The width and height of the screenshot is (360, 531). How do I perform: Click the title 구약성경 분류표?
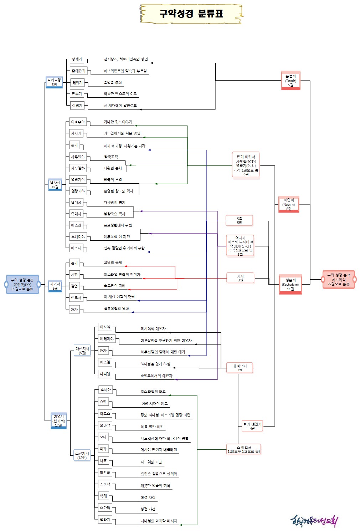coord(191,14)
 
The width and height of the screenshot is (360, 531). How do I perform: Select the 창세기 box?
coord(77,59)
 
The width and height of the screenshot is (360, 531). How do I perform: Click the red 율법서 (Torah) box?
coord(290,81)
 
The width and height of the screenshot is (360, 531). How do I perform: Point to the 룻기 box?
coord(74,145)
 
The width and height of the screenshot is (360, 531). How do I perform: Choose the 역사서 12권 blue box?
coord(55,185)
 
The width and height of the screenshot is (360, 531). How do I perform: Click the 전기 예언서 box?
coord(246,165)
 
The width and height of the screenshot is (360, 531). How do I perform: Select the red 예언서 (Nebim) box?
coord(289,204)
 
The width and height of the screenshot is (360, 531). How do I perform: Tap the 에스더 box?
coord(76,248)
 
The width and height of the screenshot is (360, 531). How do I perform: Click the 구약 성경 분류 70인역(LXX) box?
coord(22,285)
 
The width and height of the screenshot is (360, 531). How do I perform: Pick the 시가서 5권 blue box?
coord(55,286)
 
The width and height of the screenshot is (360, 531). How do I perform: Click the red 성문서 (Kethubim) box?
coord(290,284)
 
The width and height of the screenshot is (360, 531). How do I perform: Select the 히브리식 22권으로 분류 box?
coord(338,280)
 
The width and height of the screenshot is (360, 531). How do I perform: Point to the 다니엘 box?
coord(105,374)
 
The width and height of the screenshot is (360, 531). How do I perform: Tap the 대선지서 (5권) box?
coord(82,351)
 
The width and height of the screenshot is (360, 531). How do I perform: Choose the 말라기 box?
coord(105,520)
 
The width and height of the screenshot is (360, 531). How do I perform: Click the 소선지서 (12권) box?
coord(82,455)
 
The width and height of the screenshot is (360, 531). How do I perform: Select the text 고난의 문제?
coord(113,262)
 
